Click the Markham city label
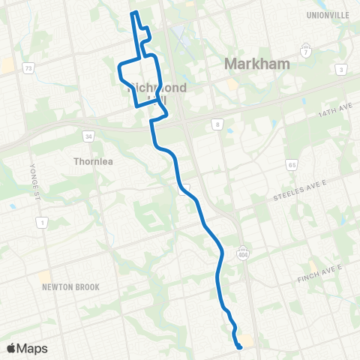(256, 64)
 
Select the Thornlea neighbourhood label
(93, 160)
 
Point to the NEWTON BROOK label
(70, 286)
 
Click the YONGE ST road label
(32, 176)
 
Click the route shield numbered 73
(28, 68)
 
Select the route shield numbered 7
(305, 52)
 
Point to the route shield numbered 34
(88, 136)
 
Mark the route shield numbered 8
(217, 124)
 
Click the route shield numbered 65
(292, 164)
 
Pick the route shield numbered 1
(42, 222)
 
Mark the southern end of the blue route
(239, 347)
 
